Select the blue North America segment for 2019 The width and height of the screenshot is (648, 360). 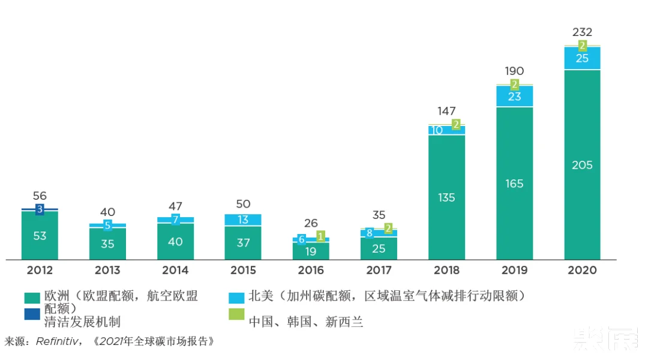click(x=514, y=96)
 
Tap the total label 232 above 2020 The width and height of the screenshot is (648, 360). click(x=582, y=32)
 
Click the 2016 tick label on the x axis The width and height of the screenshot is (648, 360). click(x=311, y=270)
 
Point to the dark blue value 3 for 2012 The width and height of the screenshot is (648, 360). click(x=40, y=209)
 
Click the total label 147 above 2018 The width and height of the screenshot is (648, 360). click(x=446, y=111)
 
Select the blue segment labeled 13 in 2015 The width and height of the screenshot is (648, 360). click(x=243, y=220)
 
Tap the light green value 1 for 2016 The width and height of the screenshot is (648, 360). click(x=320, y=236)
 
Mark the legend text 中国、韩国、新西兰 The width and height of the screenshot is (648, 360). click(x=306, y=322)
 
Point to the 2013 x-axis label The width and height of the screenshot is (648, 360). click(x=107, y=270)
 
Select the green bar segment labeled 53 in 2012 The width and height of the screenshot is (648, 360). click(x=40, y=236)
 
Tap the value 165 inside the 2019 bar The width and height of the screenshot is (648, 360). click(x=514, y=184)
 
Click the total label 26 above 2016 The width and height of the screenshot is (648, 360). click(x=311, y=223)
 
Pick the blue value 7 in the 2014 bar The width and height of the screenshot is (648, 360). click(x=175, y=220)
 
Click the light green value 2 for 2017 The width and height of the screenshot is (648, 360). click(x=388, y=228)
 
